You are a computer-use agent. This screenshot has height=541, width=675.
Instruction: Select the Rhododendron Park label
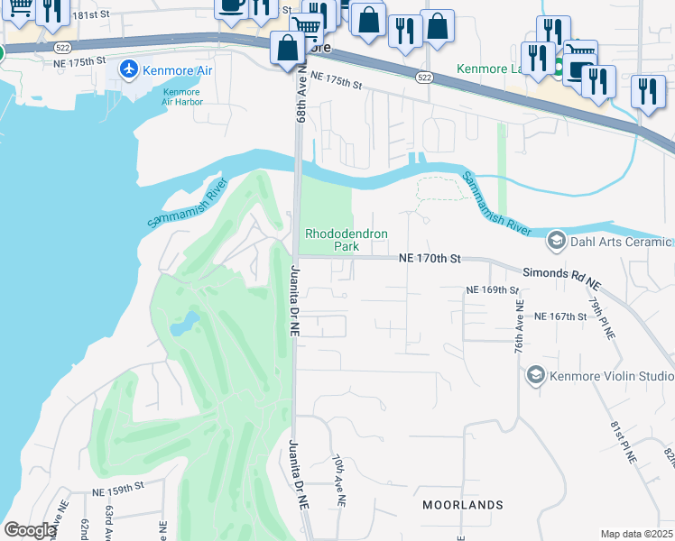[347, 239]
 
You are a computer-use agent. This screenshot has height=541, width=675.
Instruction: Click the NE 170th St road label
[430, 259]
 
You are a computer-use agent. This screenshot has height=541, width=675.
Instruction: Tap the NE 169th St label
[493, 290]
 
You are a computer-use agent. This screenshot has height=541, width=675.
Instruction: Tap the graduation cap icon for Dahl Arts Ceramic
[556, 241]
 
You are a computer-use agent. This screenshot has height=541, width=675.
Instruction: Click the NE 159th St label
[118, 491]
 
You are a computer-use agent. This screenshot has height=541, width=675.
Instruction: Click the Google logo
[31, 530]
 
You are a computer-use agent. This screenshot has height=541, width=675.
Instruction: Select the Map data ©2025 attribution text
[636, 534]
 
